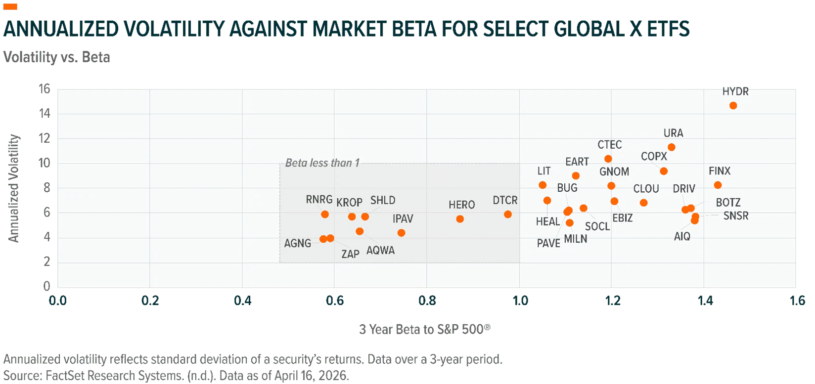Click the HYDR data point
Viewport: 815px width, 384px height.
(x=733, y=105)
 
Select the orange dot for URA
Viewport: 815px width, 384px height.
(x=672, y=147)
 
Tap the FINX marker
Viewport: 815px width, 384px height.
(x=718, y=185)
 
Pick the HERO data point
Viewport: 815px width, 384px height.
(x=460, y=219)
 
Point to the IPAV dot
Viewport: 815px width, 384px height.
(x=401, y=233)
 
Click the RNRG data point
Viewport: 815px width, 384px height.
(x=325, y=214)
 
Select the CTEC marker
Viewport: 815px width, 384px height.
(x=608, y=159)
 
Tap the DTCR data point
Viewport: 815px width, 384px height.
(x=508, y=214)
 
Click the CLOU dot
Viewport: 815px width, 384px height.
(x=643, y=203)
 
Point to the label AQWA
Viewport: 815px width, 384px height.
(x=381, y=250)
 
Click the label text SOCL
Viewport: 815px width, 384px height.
(x=597, y=226)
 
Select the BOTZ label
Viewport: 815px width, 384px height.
(x=728, y=202)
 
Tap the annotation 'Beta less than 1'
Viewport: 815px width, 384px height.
(x=322, y=163)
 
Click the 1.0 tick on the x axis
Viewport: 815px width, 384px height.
(x=520, y=301)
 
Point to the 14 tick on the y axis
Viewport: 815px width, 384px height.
(x=45, y=114)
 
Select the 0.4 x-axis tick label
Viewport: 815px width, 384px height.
(x=242, y=301)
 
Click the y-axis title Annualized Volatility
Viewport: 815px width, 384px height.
(x=13, y=188)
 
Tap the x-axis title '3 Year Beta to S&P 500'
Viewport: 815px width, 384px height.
(x=425, y=329)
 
